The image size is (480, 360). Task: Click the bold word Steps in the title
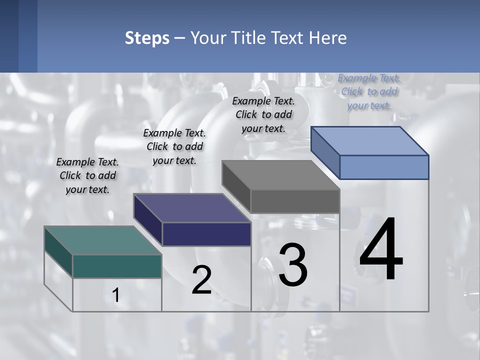[x=147, y=38]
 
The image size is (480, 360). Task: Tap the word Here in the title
[x=327, y=38]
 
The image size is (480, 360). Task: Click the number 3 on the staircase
[x=293, y=265]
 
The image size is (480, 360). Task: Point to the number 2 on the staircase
[x=201, y=280]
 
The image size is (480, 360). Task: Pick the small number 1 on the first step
[x=116, y=295]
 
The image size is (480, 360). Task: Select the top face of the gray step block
[x=280, y=175]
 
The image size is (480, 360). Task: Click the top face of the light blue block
[x=369, y=141]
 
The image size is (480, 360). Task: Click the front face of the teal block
[x=117, y=266]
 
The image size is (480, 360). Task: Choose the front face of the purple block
[x=206, y=234]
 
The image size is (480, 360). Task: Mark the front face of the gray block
[x=295, y=201]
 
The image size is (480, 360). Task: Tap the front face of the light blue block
[x=384, y=167]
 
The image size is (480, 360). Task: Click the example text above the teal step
[x=87, y=175]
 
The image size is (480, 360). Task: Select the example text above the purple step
[x=174, y=146]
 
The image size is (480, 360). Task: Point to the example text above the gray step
[x=263, y=114]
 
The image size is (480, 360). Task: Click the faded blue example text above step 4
[x=369, y=91]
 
